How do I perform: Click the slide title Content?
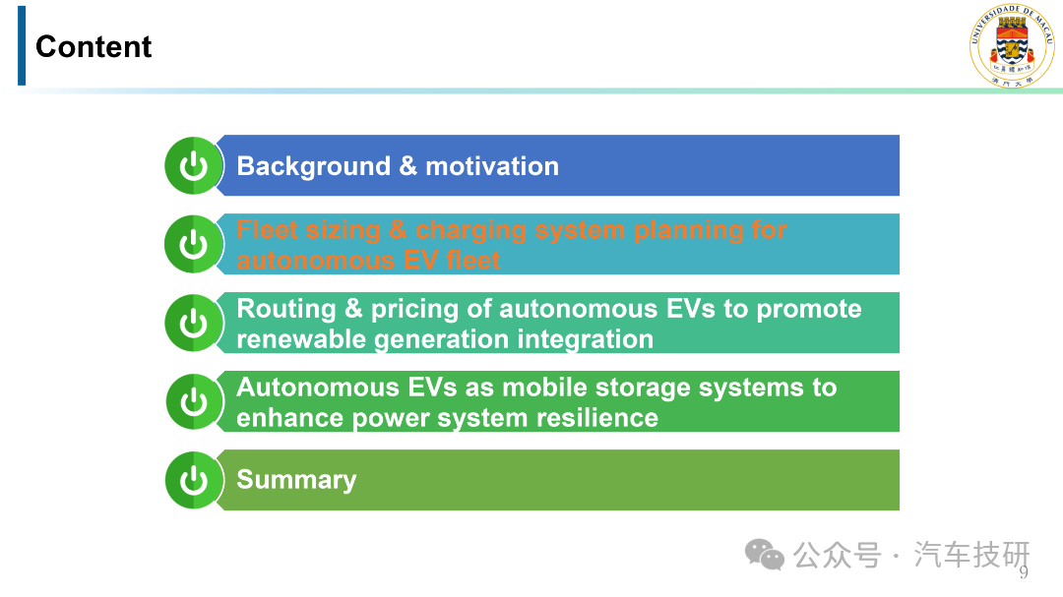[94, 47]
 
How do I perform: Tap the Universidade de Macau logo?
[1012, 44]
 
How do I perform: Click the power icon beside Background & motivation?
[193, 165]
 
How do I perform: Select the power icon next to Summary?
[193, 480]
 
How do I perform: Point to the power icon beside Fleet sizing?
[193, 244]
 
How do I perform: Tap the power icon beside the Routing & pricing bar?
[193, 323]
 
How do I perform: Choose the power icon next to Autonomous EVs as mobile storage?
[194, 401]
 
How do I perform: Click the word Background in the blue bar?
[314, 166]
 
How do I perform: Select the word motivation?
[492, 166]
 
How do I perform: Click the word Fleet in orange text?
[267, 230]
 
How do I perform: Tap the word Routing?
[286, 309]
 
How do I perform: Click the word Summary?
[296, 480]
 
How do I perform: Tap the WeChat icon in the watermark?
[765, 555]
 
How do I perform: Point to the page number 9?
[1024, 572]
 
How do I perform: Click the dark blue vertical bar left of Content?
[22, 45]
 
